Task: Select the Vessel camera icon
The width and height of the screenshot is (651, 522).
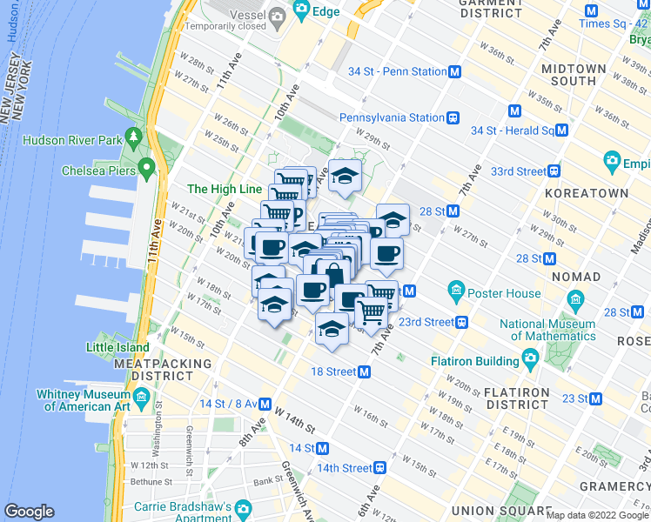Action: click(277, 15)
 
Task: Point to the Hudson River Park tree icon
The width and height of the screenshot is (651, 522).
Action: click(133, 137)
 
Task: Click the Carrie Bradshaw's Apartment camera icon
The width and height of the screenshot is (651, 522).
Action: click(243, 507)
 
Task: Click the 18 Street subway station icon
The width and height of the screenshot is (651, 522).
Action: click(365, 371)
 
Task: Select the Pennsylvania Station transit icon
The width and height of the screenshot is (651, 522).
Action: click(452, 117)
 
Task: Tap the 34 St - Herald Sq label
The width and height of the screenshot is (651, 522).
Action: click(512, 130)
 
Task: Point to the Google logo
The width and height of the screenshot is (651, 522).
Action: click(29, 512)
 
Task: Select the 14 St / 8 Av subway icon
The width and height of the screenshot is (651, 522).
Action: click(265, 404)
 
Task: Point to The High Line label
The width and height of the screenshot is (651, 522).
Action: click(224, 189)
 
